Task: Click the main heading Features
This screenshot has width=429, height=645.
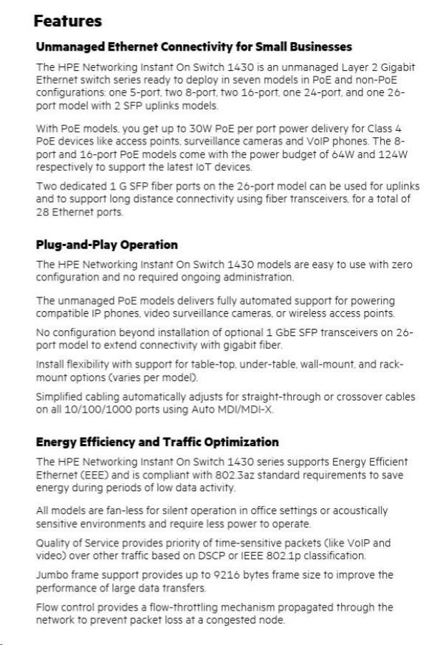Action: pyautogui.click(x=68, y=22)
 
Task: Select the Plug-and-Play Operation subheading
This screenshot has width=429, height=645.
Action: pyautogui.click(x=107, y=245)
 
